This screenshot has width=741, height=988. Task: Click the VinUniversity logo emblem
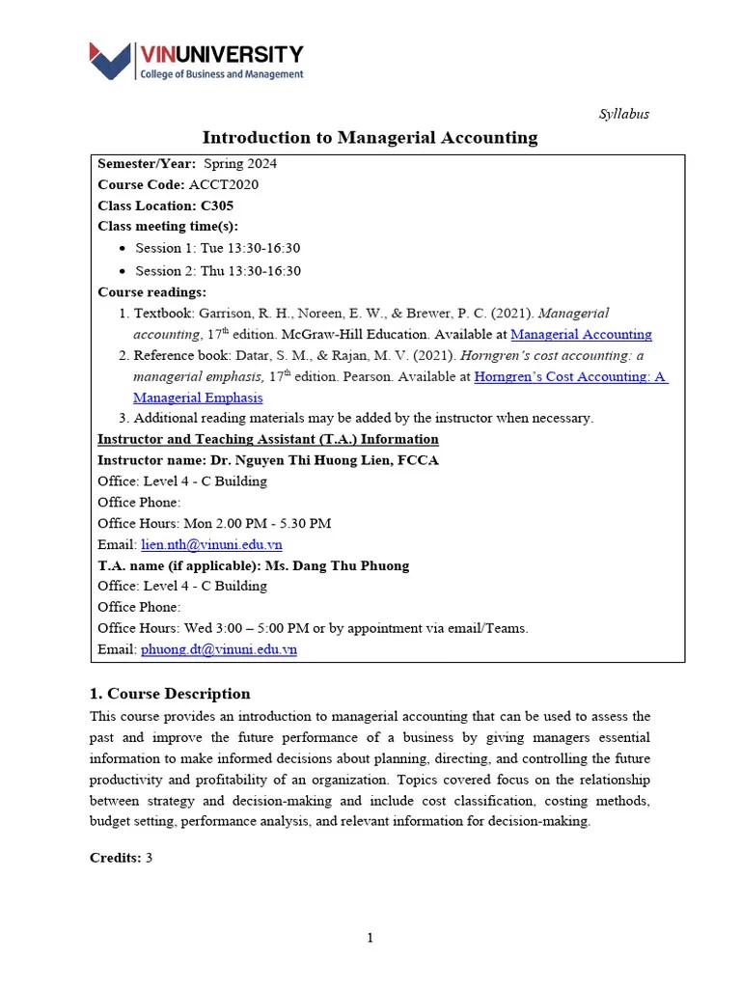point(113,61)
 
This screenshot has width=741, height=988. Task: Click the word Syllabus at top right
point(624,114)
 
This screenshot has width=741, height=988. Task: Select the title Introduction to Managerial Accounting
point(370,138)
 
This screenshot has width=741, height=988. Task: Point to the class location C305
point(217,206)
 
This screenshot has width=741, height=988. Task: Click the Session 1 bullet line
point(217,249)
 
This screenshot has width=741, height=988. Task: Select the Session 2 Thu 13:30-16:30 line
point(217,271)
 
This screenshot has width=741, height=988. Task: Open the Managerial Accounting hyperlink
point(581,335)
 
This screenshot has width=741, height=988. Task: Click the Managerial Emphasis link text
point(198,398)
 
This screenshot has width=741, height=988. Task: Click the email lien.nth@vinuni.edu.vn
point(211,544)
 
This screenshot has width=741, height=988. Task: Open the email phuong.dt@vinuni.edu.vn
point(219,649)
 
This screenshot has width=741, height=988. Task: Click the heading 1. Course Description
point(170,694)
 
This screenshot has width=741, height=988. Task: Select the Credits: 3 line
point(122,858)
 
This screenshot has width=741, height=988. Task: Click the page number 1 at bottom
point(370,938)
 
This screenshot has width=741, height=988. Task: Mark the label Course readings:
point(151,292)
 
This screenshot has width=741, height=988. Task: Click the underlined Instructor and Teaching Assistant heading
point(268,439)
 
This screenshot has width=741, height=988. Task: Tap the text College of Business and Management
point(222,74)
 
